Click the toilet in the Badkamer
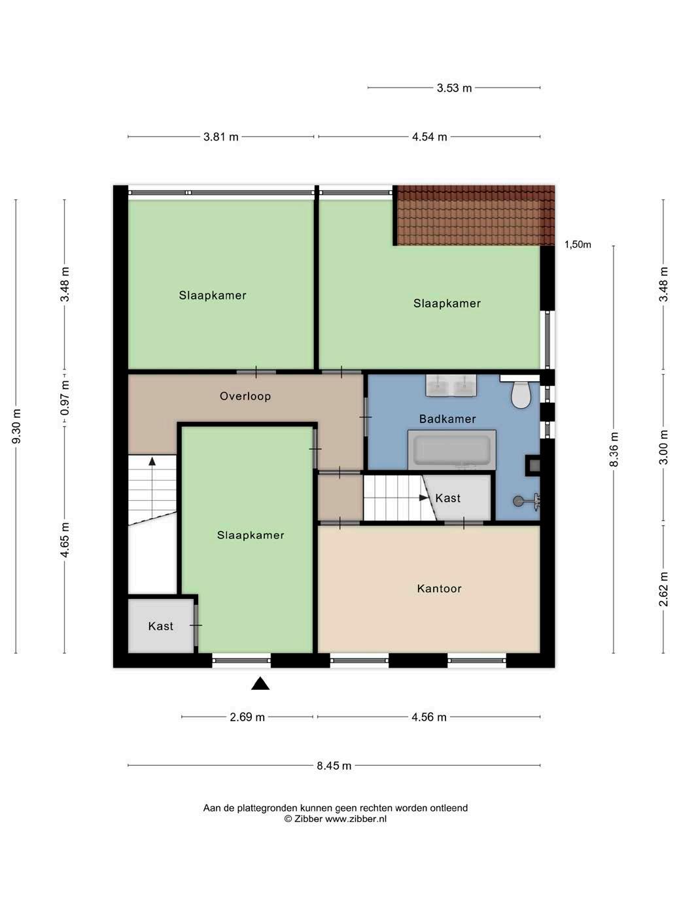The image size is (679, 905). pyautogui.click(x=520, y=394)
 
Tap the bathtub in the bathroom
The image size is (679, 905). pyautogui.click(x=451, y=449)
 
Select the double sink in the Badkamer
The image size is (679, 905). pyautogui.click(x=451, y=386)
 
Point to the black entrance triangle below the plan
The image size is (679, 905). pyautogui.click(x=260, y=683)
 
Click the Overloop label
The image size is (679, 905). pyautogui.click(x=245, y=396)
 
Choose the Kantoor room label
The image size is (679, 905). pyautogui.click(x=439, y=589)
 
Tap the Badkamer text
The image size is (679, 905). pyautogui.click(x=447, y=419)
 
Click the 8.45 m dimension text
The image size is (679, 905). pyautogui.click(x=334, y=766)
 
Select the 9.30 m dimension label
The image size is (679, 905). pyautogui.click(x=16, y=426)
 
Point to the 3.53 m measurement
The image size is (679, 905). pyautogui.click(x=454, y=88)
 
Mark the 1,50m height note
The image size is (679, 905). pyautogui.click(x=578, y=245)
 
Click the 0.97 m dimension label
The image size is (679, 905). pyautogui.click(x=65, y=398)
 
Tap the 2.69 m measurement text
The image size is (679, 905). pyautogui.click(x=247, y=717)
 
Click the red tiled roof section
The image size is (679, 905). pyautogui.click(x=474, y=215)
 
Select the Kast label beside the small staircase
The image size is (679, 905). pyautogui.click(x=447, y=498)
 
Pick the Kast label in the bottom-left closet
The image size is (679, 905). pyautogui.click(x=160, y=626)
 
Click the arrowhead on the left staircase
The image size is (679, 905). pyautogui.click(x=152, y=461)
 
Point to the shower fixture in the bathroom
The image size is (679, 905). pyautogui.click(x=527, y=500)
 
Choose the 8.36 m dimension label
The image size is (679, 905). pyautogui.click(x=614, y=449)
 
